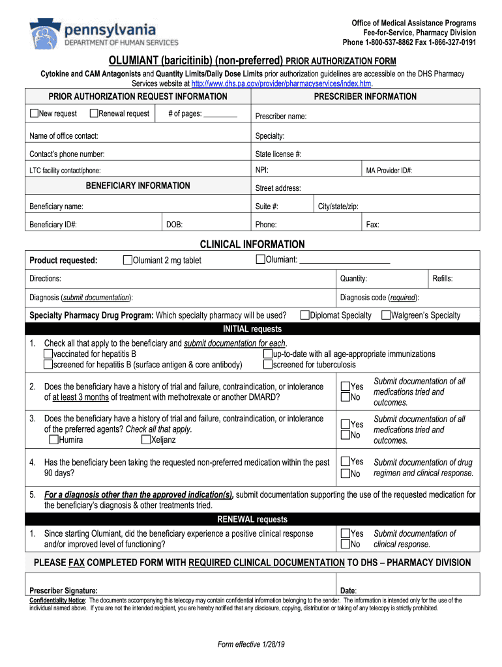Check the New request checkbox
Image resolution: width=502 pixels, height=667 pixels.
coord(34,114)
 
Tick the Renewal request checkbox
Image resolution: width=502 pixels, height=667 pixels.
coord(93,114)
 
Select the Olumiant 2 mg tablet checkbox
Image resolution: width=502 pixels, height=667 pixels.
coord(127,261)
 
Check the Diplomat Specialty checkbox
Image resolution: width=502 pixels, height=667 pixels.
coord(304,315)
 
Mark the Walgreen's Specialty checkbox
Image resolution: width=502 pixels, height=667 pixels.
coord(386,315)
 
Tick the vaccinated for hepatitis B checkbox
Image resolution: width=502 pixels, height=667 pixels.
coord(48,354)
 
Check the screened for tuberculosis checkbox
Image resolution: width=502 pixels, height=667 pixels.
coord(268,364)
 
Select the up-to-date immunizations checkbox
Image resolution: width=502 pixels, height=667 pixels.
coord(268,354)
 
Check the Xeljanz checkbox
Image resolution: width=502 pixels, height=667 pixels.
coord(146,440)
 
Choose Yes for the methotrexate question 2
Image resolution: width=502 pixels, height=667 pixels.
coord(345,387)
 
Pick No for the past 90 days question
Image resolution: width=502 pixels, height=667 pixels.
coord(345,473)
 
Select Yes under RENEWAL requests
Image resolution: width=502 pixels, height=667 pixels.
coord(345,533)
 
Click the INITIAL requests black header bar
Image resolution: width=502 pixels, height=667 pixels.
coord(252,329)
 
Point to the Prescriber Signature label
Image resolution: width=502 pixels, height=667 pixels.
coord(64,590)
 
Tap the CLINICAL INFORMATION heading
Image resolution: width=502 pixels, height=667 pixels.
coord(252,244)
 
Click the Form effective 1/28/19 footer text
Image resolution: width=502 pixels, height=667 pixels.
coord(252,645)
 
